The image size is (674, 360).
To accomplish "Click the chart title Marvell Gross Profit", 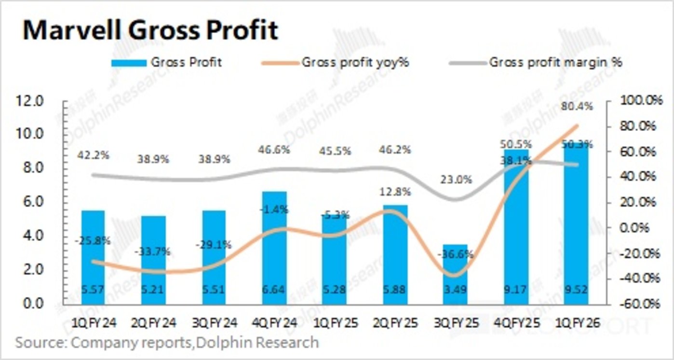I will [x=150, y=30].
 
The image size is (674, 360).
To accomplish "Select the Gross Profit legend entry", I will [x=167, y=62].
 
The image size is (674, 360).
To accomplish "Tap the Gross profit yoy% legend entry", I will [x=335, y=62].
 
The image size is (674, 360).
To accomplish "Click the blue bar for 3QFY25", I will [x=456, y=275].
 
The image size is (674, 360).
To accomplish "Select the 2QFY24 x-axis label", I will [x=153, y=323].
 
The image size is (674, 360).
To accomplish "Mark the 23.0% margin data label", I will [x=456, y=180].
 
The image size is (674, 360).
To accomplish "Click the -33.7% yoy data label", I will [x=153, y=251].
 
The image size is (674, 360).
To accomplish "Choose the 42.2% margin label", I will [x=93, y=155].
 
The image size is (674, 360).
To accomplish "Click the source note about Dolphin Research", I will [x=167, y=343].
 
